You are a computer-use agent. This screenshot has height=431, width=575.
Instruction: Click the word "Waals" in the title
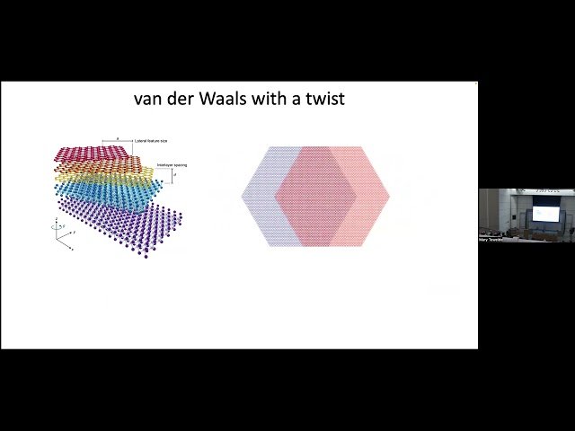click(x=217, y=99)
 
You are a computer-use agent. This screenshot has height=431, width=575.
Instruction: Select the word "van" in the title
click(x=148, y=99)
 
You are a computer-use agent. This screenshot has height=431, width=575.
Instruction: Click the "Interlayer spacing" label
click(x=172, y=165)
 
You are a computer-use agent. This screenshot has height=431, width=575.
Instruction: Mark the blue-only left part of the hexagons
click(x=261, y=196)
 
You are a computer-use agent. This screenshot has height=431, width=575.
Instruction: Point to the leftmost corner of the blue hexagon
click(x=243, y=196)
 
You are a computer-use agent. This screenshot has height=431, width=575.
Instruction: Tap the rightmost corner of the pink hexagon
click(x=390, y=196)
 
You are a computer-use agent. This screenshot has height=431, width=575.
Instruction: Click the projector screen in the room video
click(x=544, y=213)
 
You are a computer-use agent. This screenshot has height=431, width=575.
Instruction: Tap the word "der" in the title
click(x=178, y=99)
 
